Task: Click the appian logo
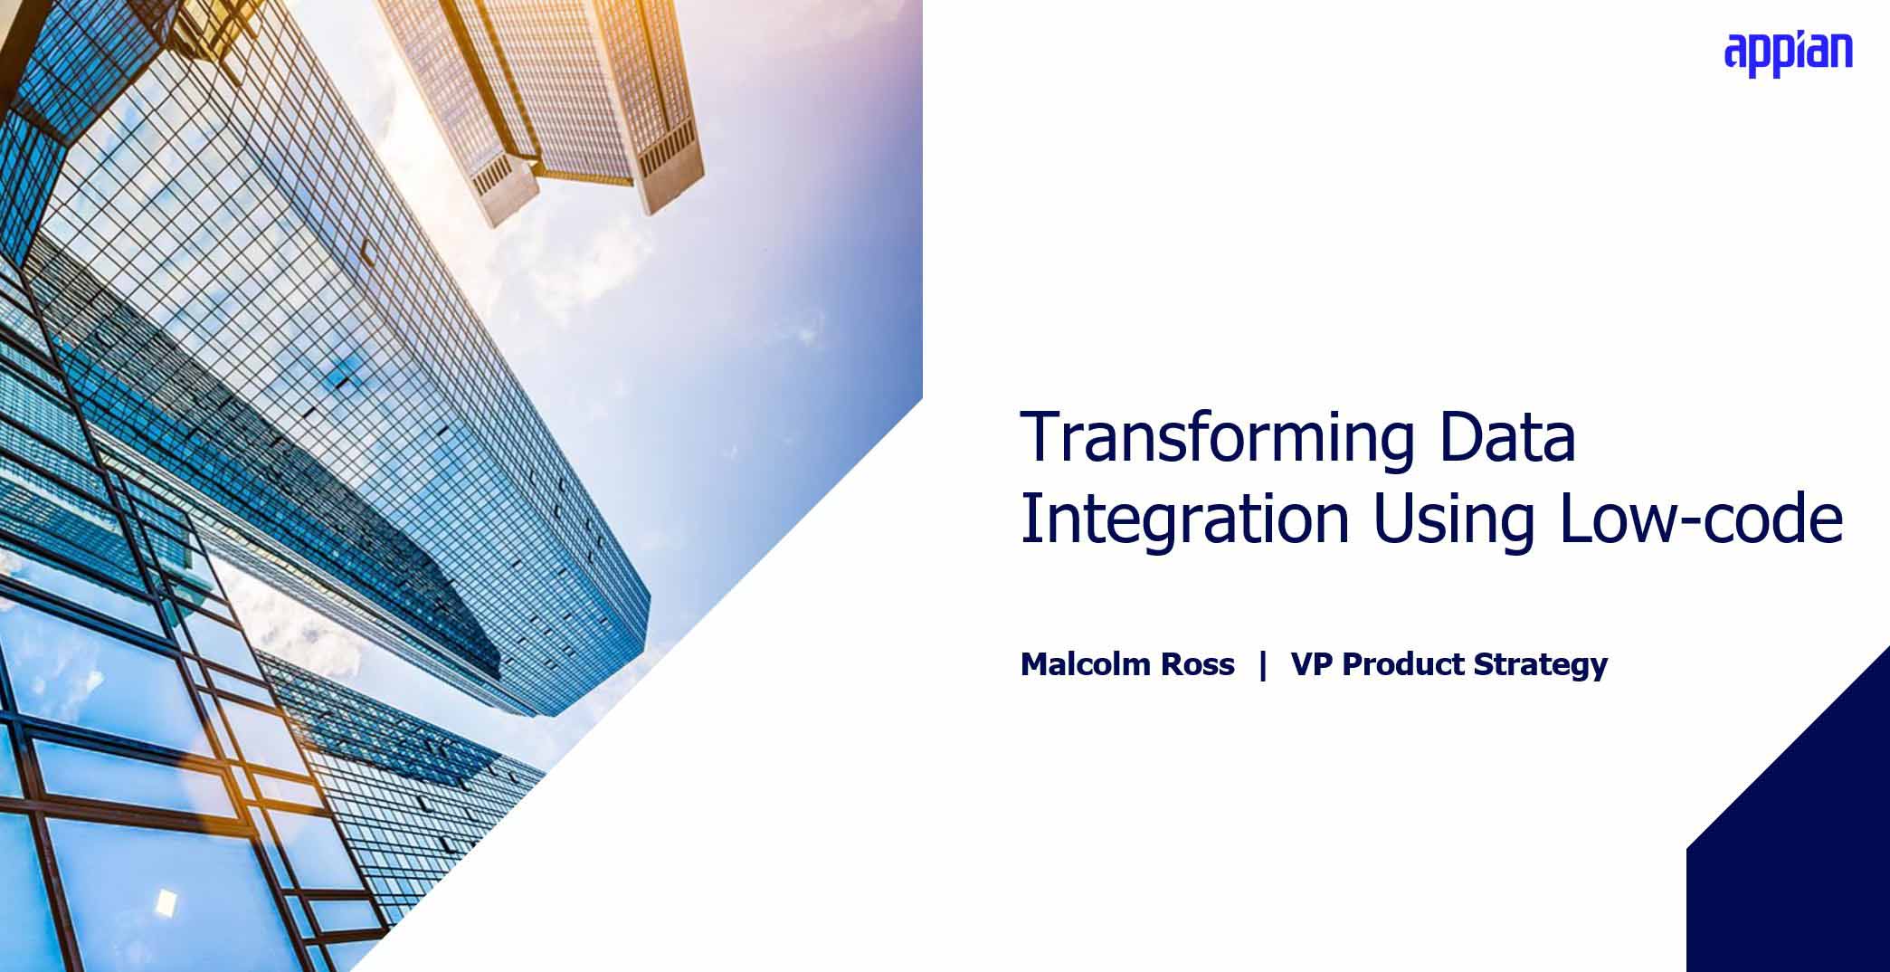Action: pyautogui.click(x=1788, y=54)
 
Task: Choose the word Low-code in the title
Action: pyautogui.click(x=1702, y=519)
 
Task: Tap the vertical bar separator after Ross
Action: pyautogui.click(x=1263, y=665)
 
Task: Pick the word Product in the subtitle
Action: pyautogui.click(x=1403, y=665)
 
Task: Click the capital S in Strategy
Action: pyautogui.click(x=1484, y=665)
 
